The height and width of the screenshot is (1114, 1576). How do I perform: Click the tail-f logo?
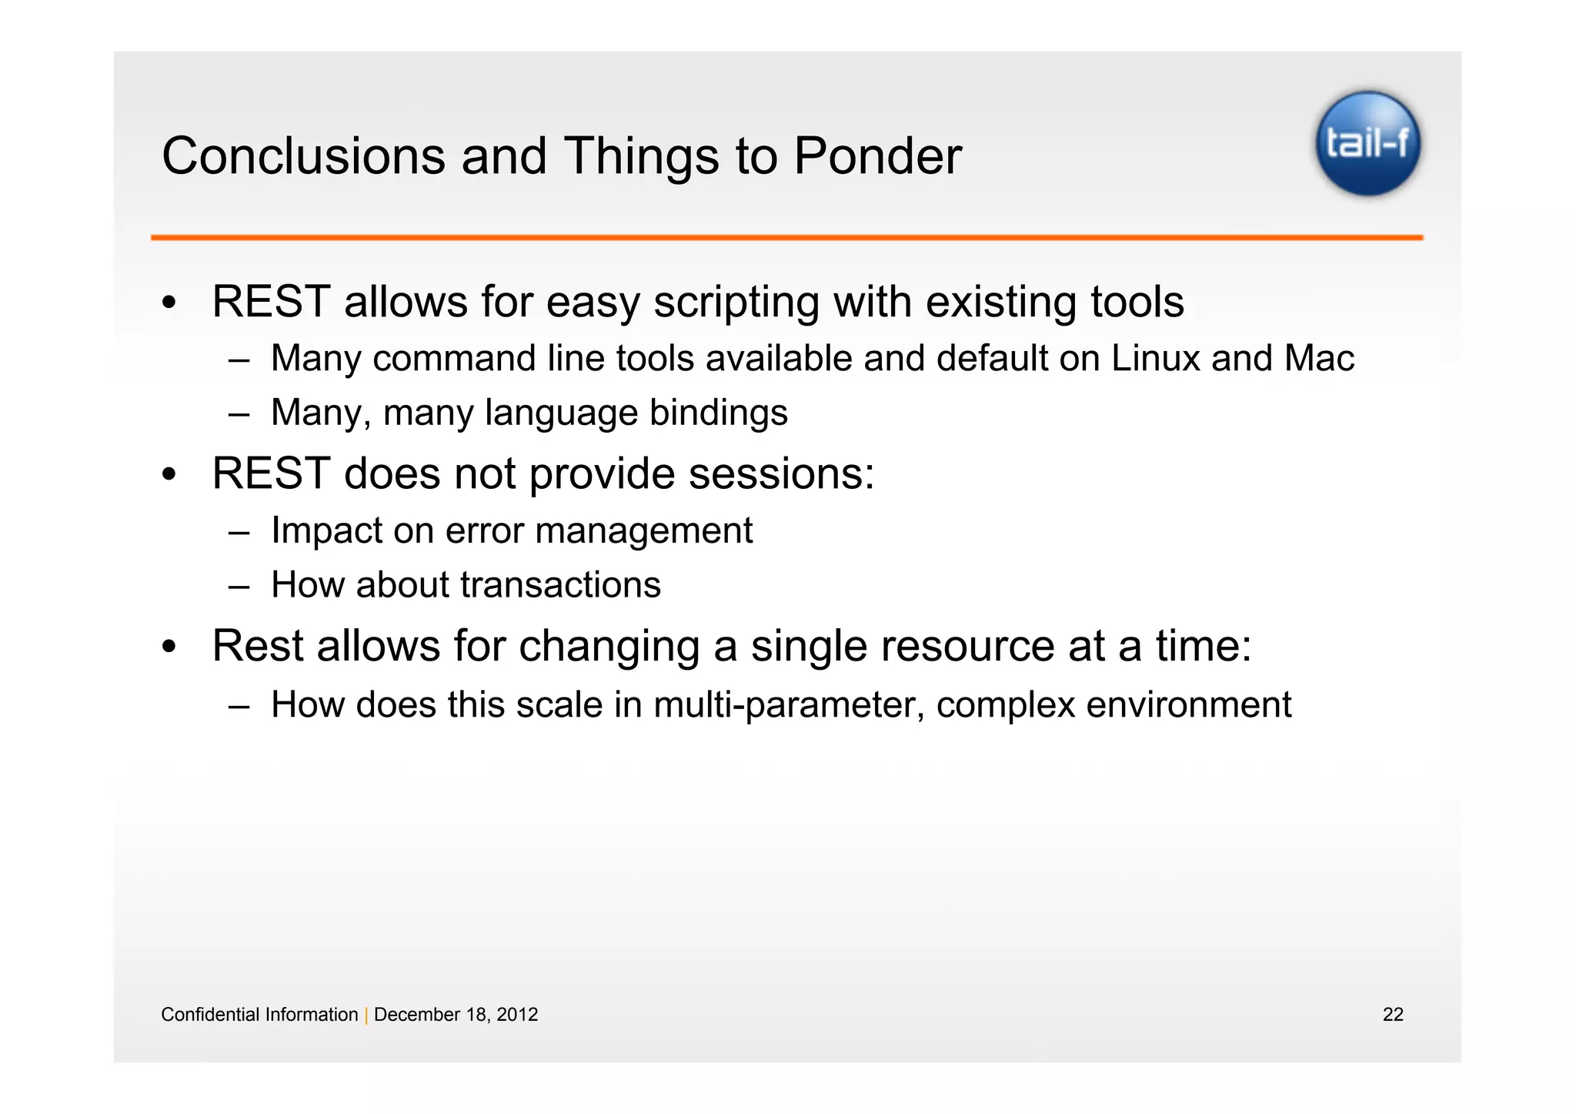[x=1367, y=144]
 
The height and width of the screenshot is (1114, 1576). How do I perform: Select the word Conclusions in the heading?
[x=304, y=156]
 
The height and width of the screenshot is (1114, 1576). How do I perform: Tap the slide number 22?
[x=1393, y=1015]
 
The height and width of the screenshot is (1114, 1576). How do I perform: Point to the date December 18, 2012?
[x=456, y=1015]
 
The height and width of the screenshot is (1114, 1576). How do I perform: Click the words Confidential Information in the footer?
[x=259, y=1015]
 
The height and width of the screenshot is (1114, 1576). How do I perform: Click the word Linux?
[x=1155, y=358]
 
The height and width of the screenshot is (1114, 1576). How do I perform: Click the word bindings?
[x=719, y=413]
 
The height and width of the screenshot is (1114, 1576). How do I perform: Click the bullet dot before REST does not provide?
[x=169, y=474]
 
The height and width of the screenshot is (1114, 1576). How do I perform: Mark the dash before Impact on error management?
[x=239, y=532]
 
